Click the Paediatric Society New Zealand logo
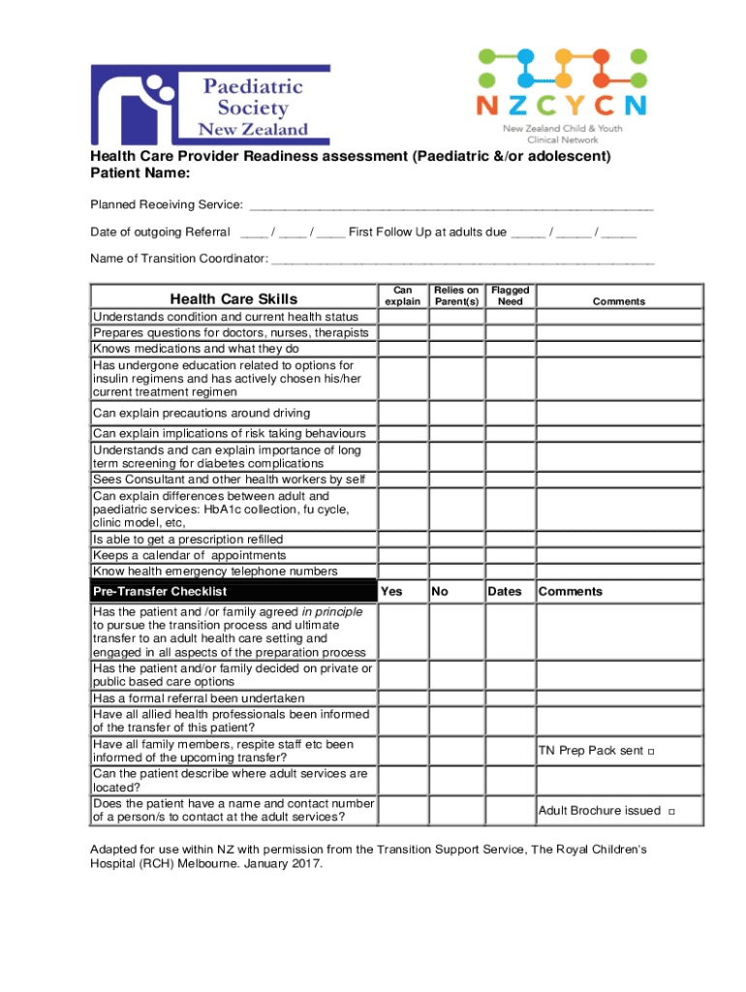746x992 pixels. coord(210,105)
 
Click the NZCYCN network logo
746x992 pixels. coord(561,95)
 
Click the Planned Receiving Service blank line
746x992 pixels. coord(451,207)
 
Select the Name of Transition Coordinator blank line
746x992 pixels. coord(462,260)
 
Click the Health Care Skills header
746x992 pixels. coord(233,299)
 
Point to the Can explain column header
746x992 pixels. coord(403,295)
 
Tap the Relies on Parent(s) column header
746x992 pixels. coord(456,295)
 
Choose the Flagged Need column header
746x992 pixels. coord(510,295)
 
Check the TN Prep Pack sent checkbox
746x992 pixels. coord(651,752)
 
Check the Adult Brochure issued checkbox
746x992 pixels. coord(671,812)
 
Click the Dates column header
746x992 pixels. coord(505,591)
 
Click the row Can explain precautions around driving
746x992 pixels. coord(202,414)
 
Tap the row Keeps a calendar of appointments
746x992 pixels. coord(189,555)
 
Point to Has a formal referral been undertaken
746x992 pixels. coord(199,698)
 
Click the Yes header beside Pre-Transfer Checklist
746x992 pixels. coord(391,591)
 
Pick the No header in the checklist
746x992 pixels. coord(440,591)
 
